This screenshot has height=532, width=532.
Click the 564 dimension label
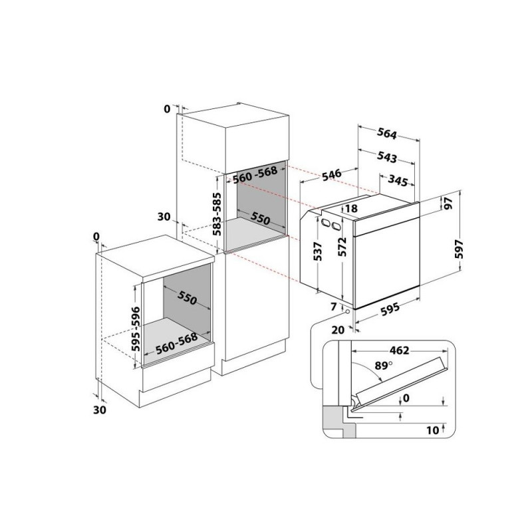[x=387, y=134]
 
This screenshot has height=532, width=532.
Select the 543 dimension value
[x=387, y=157]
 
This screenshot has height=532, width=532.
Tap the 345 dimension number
[x=398, y=181]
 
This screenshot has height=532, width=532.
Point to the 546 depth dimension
[x=331, y=175]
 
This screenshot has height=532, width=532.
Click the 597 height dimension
[x=459, y=249]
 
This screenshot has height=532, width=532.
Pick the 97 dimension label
[x=448, y=203]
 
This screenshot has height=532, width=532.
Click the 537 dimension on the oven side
[x=317, y=251]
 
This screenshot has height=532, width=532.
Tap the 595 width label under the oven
[x=390, y=309]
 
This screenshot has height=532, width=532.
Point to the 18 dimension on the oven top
[x=351, y=208]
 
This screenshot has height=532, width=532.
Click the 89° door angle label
[x=384, y=365]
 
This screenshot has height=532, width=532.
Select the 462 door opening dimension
[x=400, y=350]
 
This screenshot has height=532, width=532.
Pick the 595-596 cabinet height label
[x=136, y=329]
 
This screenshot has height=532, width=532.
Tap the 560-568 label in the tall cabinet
[x=255, y=175]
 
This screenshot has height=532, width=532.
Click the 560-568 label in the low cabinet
[x=176, y=343]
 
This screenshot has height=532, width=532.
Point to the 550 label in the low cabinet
[x=187, y=298]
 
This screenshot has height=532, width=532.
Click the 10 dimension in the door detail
[x=433, y=430]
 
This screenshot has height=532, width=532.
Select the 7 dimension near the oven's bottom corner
[x=334, y=307]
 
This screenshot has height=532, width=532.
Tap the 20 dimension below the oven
[x=338, y=329]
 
